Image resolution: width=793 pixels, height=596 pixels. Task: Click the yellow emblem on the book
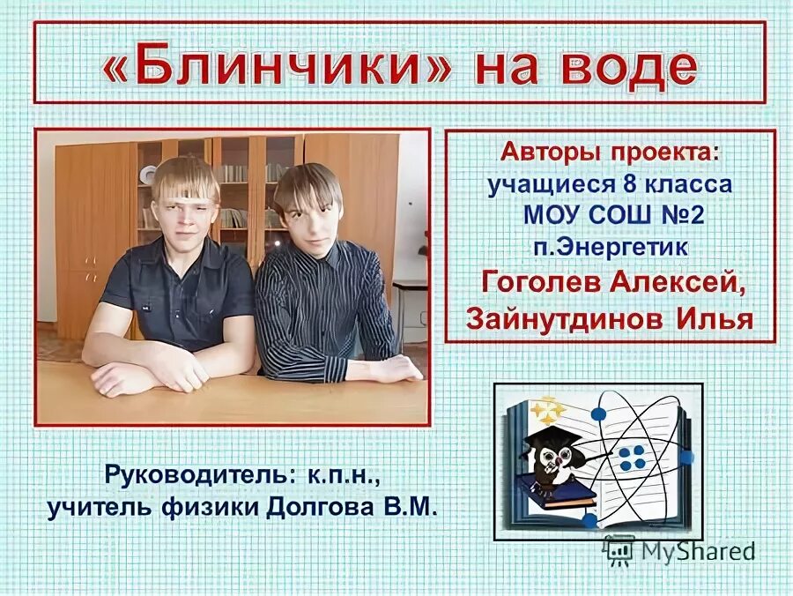pos(546,411)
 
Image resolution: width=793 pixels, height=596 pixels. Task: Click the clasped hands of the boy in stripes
pos(388,369)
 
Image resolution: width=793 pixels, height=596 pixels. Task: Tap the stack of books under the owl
pos(555,494)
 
